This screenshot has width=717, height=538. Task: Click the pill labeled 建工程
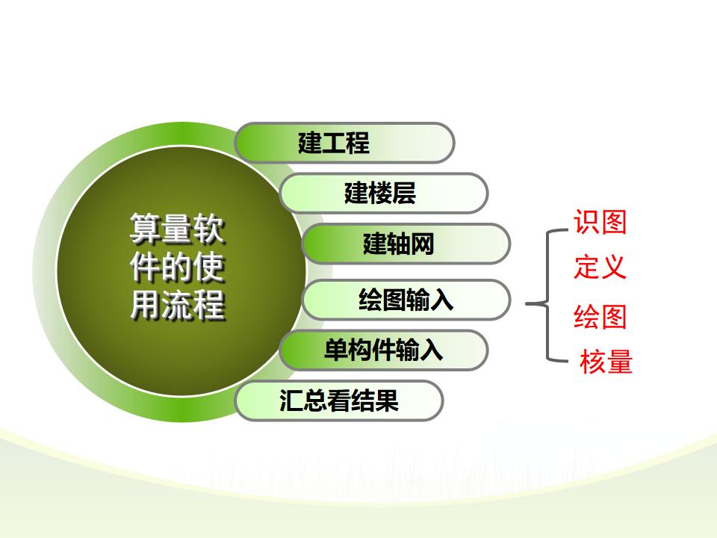pos(344,143)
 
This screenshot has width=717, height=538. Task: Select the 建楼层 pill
pos(384,193)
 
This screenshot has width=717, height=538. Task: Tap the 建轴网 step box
pos(406,244)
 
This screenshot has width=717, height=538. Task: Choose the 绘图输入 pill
pos(406,300)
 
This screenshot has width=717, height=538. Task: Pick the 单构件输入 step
pos(384,350)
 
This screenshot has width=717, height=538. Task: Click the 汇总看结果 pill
pos(339,401)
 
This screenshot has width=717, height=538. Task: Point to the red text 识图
pos(600,223)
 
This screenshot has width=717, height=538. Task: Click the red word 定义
pos(600,268)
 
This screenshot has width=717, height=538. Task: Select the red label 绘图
pos(600,317)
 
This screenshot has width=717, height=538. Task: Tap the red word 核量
pos(606,362)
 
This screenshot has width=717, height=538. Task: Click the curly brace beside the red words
pos(547,297)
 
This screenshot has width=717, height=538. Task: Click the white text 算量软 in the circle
pos(178,229)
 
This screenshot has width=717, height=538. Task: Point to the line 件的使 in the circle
pos(178,266)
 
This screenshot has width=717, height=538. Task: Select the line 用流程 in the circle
pos(178,303)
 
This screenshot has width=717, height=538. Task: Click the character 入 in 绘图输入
pos(441,300)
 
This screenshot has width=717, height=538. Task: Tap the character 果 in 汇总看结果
pos(387,401)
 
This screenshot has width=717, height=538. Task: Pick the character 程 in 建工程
pos(358,142)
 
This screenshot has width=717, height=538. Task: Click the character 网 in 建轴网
pos(422,244)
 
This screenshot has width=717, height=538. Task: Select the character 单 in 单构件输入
pos(336,350)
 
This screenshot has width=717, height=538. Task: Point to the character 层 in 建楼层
pos(404,193)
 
